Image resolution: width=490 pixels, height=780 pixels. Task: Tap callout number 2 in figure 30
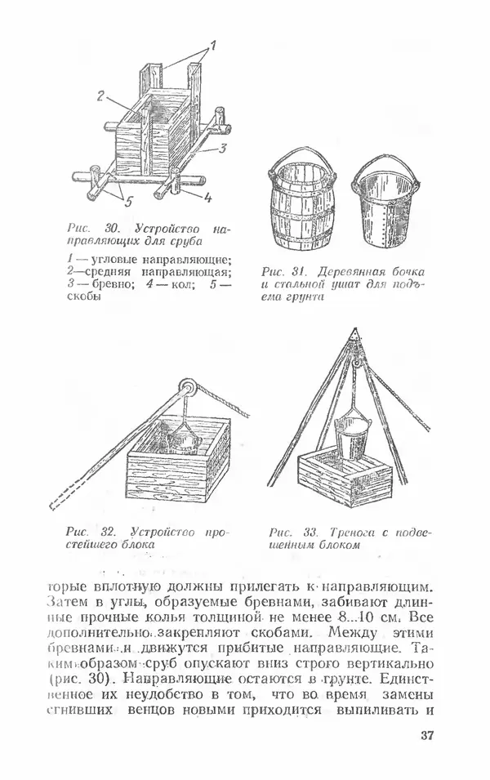pyautogui.click(x=100, y=96)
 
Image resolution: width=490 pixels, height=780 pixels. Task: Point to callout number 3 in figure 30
pyautogui.click(x=220, y=149)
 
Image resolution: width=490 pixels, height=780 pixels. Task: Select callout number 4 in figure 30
pyautogui.click(x=207, y=196)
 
